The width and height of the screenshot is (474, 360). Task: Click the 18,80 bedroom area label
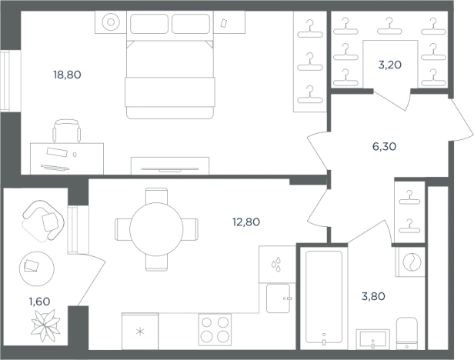point(67,75)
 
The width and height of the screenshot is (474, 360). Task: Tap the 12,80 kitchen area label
point(246,222)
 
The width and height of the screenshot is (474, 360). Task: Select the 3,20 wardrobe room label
point(390,65)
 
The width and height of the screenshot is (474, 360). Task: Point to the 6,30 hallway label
point(384,147)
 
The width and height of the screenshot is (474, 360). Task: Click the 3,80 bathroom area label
point(373,296)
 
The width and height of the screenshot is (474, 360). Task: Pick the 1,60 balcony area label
point(39,302)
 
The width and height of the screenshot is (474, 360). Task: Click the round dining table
point(156,229)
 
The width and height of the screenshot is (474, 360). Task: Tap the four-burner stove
point(215,330)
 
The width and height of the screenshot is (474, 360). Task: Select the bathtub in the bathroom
point(324,298)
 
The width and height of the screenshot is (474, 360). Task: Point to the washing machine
point(411,262)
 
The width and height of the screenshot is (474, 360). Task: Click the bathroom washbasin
point(372,339)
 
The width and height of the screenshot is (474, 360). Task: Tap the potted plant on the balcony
point(45,325)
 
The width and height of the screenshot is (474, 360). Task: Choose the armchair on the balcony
point(43,221)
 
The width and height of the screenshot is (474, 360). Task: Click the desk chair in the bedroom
point(67,131)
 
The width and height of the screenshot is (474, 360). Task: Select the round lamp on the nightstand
point(111,22)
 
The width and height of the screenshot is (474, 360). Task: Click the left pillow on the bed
point(149,24)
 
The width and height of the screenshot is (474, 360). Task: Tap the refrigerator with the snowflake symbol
point(140,331)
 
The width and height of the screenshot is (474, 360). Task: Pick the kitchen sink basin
point(278,298)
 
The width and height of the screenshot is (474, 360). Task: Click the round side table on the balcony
point(37,268)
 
